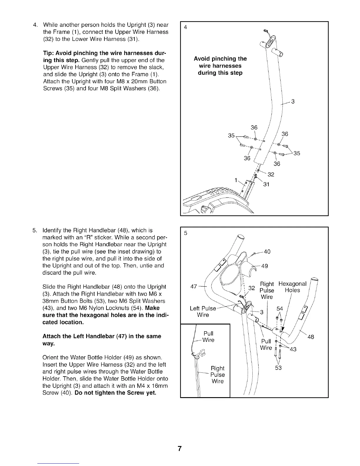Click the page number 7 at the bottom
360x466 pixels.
pos(179,449)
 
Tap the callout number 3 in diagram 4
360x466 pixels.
pos(293,102)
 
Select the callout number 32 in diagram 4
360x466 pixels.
pos(271,174)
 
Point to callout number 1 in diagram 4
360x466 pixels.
pos(236,180)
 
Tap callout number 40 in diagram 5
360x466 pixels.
pos(267,252)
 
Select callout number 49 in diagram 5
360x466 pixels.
pos(264,266)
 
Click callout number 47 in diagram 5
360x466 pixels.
pos(194,287)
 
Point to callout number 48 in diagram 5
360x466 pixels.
pos(311,337)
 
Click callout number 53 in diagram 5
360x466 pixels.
pos(278,368)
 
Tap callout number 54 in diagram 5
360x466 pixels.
pos(280,309)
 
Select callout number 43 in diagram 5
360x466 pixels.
pos(293,349)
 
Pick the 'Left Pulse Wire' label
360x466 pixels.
pos(203,312)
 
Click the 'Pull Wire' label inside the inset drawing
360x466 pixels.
pos(209,337)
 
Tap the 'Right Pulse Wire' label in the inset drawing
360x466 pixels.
pos(218,375)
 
